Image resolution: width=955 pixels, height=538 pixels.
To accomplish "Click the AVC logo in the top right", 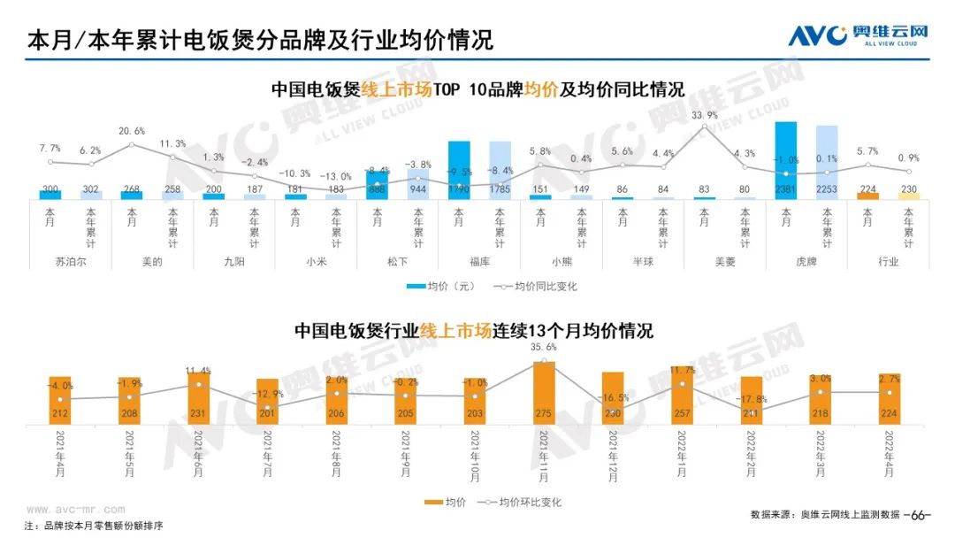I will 858,35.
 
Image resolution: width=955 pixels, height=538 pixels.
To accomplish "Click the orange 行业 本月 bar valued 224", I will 868,196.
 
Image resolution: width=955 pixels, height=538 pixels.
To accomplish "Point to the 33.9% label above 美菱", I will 704,115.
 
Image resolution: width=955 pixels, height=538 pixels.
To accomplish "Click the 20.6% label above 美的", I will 132,131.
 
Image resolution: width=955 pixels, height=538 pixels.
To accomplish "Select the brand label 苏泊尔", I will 71,262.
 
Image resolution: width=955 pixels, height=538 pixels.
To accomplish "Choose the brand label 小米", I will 316,262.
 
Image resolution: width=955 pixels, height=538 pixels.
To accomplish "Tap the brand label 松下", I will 397,262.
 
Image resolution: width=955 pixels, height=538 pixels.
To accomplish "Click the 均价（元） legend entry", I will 440,287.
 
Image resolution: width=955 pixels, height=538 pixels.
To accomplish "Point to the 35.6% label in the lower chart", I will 545,348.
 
